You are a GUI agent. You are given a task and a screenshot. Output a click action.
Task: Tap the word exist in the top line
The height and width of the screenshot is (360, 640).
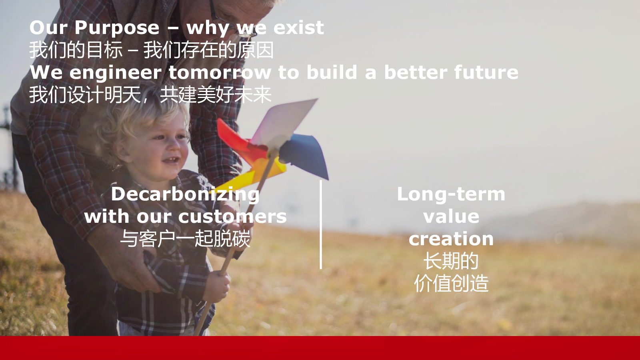298,28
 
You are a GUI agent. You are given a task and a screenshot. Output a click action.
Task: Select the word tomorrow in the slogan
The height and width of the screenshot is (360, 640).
220,72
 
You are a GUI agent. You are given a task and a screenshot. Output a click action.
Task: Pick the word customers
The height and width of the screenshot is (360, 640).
232,217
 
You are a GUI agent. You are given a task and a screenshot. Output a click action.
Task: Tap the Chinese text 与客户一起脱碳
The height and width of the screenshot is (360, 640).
185,238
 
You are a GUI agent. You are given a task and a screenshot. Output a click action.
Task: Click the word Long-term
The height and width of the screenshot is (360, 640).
451,195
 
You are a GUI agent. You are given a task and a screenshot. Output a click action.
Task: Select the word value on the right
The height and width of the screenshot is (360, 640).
451,217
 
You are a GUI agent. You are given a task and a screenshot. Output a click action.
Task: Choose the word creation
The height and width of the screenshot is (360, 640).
451,239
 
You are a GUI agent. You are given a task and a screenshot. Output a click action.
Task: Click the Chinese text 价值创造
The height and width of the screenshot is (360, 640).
451,284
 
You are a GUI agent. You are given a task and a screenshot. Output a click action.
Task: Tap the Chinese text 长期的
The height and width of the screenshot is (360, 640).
451,261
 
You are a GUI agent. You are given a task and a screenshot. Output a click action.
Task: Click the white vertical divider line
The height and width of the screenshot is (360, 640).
321,224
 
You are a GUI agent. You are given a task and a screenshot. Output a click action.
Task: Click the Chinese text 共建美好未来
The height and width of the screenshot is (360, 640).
216,95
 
